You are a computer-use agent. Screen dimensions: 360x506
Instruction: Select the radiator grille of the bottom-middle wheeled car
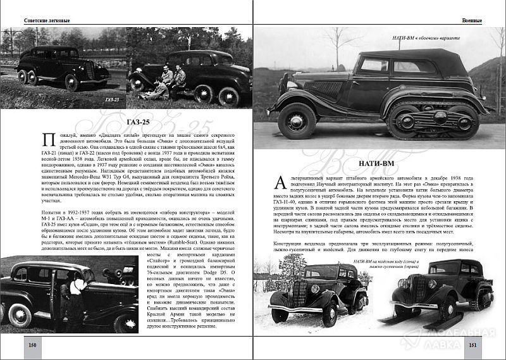tap(298, 295)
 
